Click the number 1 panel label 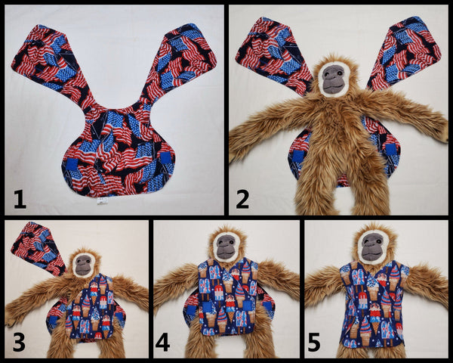(x=20, y=200)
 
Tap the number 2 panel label (x=242, y=200)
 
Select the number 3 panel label (x=19, y=342)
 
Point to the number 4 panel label (x=162, y=342)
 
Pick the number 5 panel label (x=314, y=342)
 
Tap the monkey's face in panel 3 (x=83, y=265)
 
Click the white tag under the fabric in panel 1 (x=102, y=201)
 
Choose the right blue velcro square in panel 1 (x=166, y=158)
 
